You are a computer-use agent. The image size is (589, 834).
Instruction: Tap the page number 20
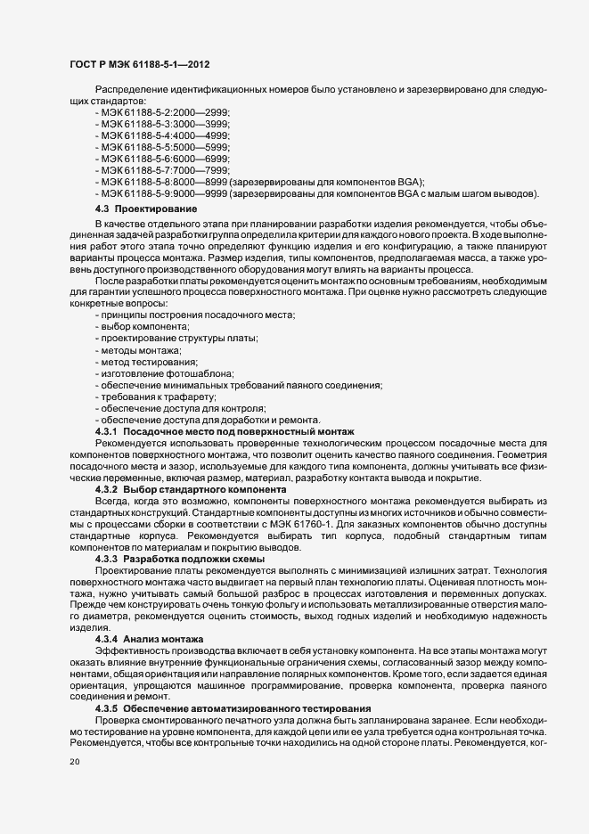tap(74, 762)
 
